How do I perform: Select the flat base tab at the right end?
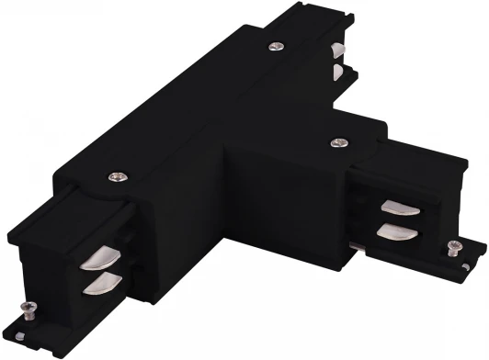coord(460,253)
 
